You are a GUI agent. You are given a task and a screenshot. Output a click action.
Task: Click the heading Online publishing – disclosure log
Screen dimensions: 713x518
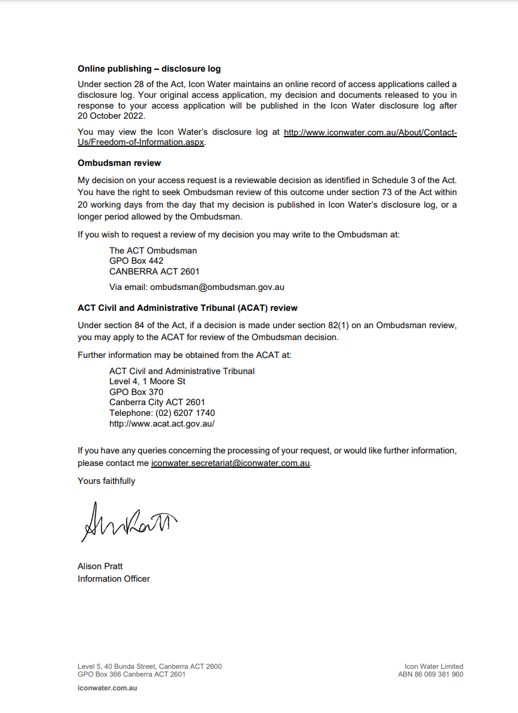pos(149,69)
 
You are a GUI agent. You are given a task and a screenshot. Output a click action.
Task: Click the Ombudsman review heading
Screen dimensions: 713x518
pos(119,163)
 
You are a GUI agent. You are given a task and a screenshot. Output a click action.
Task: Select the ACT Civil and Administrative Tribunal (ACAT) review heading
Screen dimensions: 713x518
pos(187,308)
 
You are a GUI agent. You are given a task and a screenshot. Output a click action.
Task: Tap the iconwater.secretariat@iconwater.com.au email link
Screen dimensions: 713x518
pos(231,463)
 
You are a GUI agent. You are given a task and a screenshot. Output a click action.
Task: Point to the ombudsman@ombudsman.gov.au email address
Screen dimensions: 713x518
pos(217,287)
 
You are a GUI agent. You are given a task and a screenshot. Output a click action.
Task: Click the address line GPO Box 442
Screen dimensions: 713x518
pos(136,261)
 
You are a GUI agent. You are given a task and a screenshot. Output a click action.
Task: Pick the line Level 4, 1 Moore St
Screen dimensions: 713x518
pos(147,381)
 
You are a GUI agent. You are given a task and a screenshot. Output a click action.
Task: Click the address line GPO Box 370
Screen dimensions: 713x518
pos(136,392)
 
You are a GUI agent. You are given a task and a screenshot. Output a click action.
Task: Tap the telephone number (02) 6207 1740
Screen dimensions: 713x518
pos(185,413)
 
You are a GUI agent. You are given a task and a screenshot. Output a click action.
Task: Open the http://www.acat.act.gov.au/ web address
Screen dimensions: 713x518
pos(161,424)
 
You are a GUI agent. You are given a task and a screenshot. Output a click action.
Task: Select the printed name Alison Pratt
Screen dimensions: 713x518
pos(100,566)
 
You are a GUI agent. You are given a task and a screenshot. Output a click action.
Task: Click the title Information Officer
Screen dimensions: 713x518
pos(114,579)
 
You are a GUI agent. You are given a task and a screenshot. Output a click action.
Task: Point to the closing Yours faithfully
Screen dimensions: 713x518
pos(106,481)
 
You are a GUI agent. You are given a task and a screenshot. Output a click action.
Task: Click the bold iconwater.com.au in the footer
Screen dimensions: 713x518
pos(108,688)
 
